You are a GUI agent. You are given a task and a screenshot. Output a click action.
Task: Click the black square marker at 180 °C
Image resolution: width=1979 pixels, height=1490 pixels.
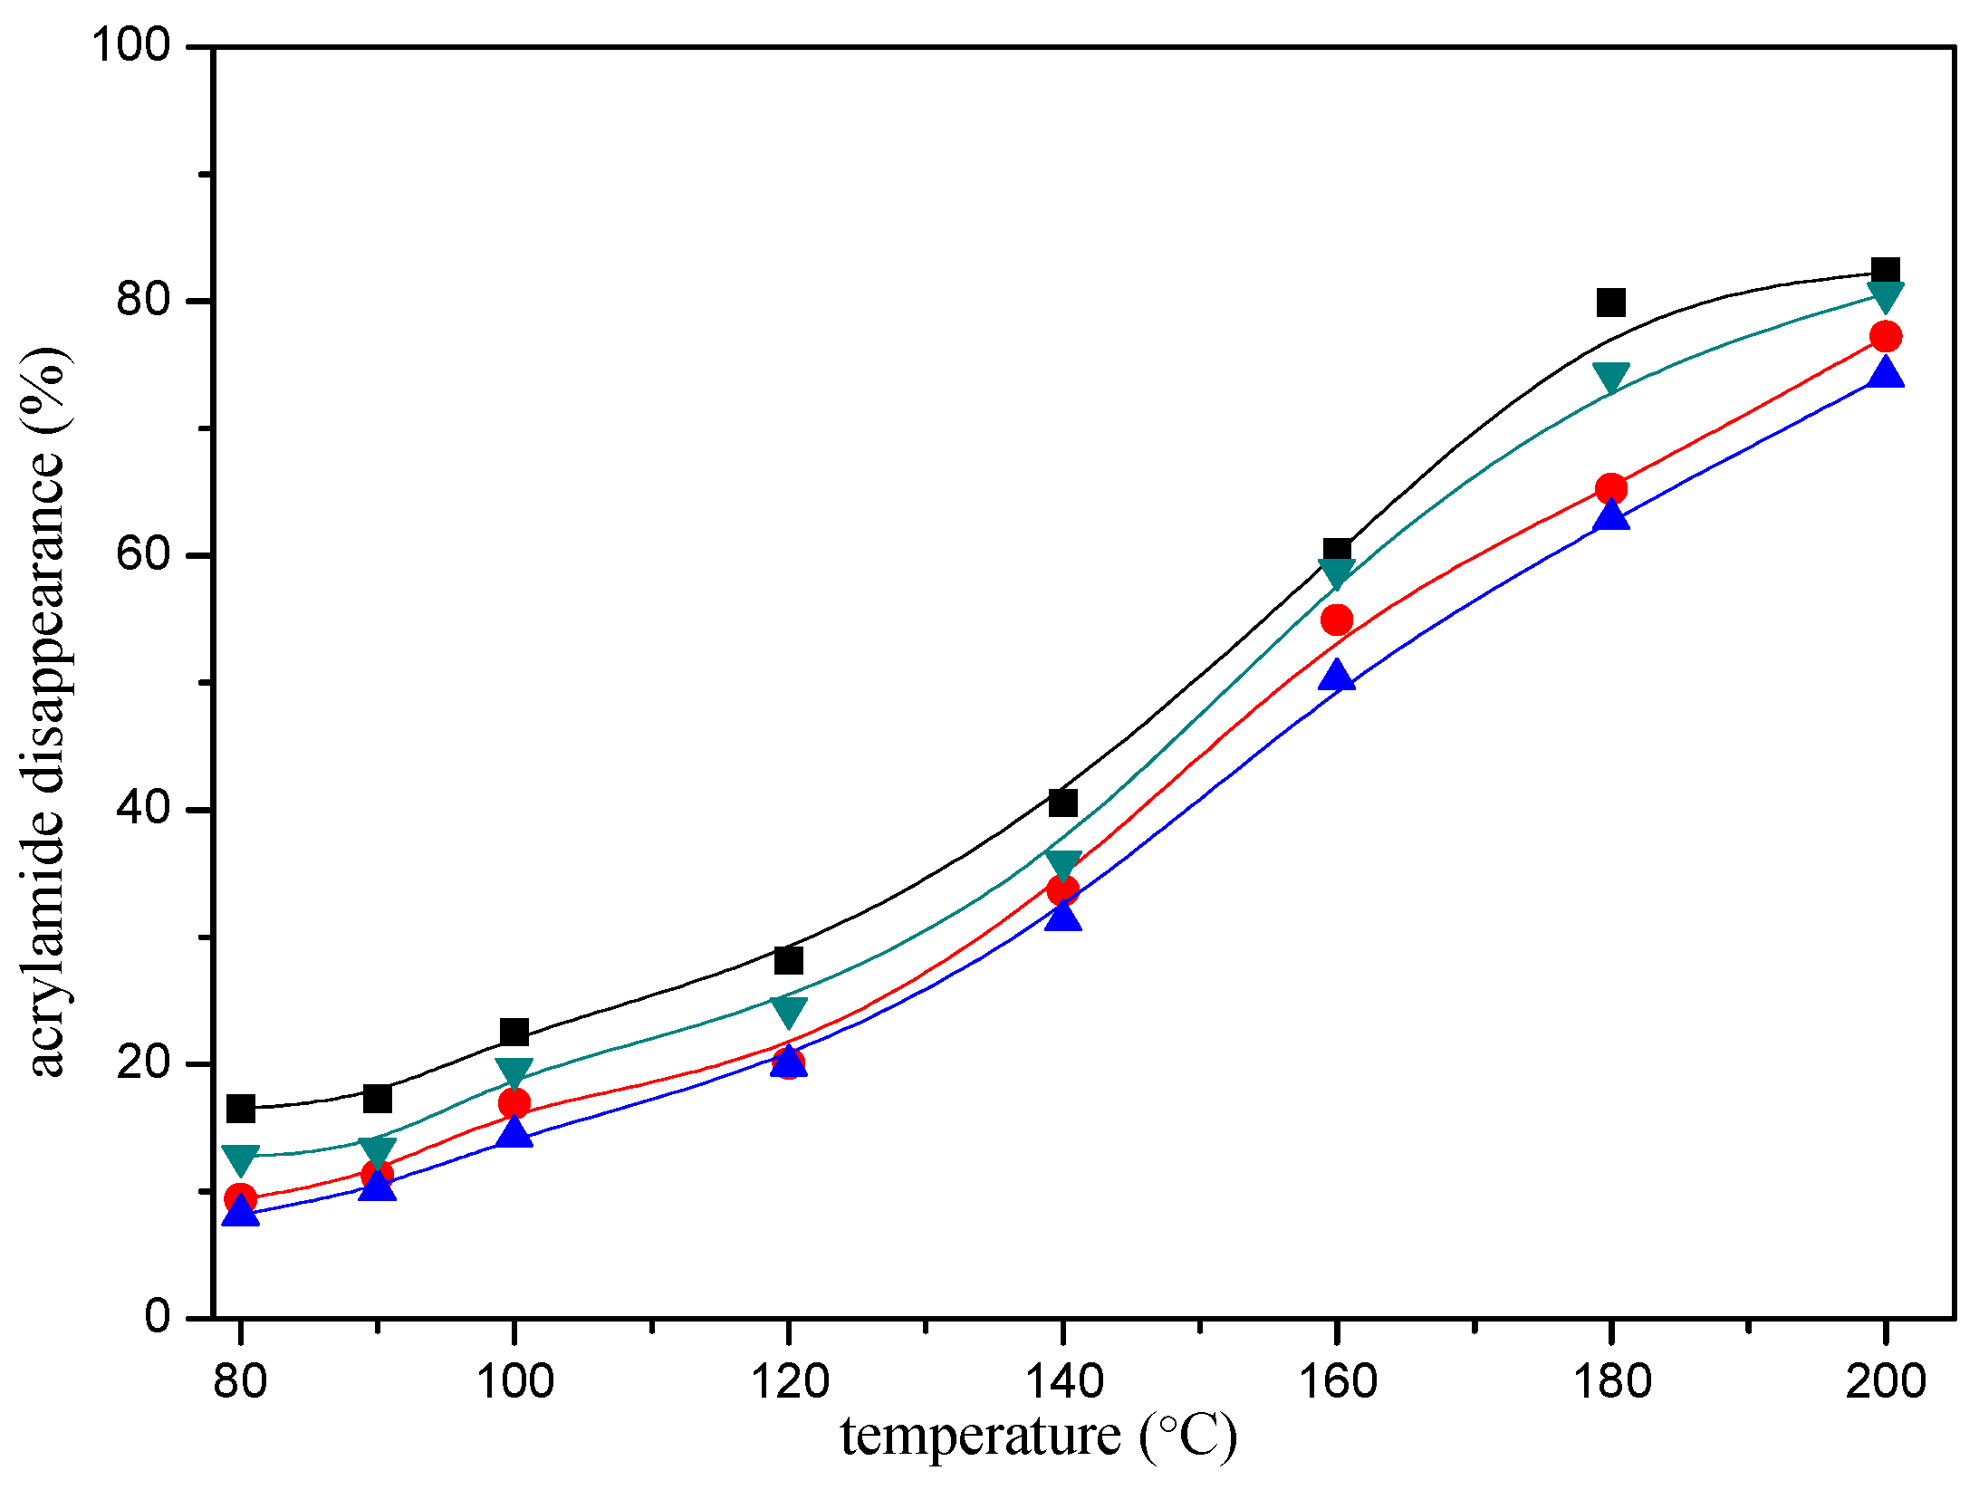click(x=1610, y=302)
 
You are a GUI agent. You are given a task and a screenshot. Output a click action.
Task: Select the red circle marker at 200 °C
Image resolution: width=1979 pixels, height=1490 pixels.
click(x=1885, y=337)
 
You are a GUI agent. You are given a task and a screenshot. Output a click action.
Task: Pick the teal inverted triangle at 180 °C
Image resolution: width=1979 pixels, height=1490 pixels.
click(x=1610, y=377)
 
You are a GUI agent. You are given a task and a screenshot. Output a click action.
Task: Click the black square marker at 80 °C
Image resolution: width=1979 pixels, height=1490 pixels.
click(x=241, y=1108)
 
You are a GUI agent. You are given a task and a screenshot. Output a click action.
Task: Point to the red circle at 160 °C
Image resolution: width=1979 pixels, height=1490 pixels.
click(x=1337, y=620)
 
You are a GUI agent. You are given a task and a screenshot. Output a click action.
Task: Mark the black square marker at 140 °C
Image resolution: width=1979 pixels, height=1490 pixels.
click(x=1062, y=803)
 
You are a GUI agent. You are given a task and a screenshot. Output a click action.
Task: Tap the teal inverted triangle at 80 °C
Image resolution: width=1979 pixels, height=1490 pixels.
click(x=241, y=1158)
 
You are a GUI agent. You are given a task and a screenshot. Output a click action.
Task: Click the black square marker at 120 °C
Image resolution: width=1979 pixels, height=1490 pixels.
click(x=788, y=960)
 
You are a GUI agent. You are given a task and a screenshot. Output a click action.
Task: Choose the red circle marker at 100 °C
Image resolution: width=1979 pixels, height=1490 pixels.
click(x=514, y=1103)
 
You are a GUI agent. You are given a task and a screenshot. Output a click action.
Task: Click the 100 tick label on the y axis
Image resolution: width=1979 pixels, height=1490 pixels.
click(x=132, y=45)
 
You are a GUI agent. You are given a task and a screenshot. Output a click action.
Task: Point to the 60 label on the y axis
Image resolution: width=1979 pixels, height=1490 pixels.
click(x=144, y=554)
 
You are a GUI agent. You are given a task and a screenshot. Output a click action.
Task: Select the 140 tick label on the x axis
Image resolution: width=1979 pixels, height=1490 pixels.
click(x=1062, y=1382)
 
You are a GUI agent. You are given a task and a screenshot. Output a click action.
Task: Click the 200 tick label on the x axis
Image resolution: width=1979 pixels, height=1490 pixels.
click(x=1885, y=1382)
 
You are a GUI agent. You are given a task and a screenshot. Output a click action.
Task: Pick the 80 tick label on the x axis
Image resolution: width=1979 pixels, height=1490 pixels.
click(x=241, y=1382)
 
